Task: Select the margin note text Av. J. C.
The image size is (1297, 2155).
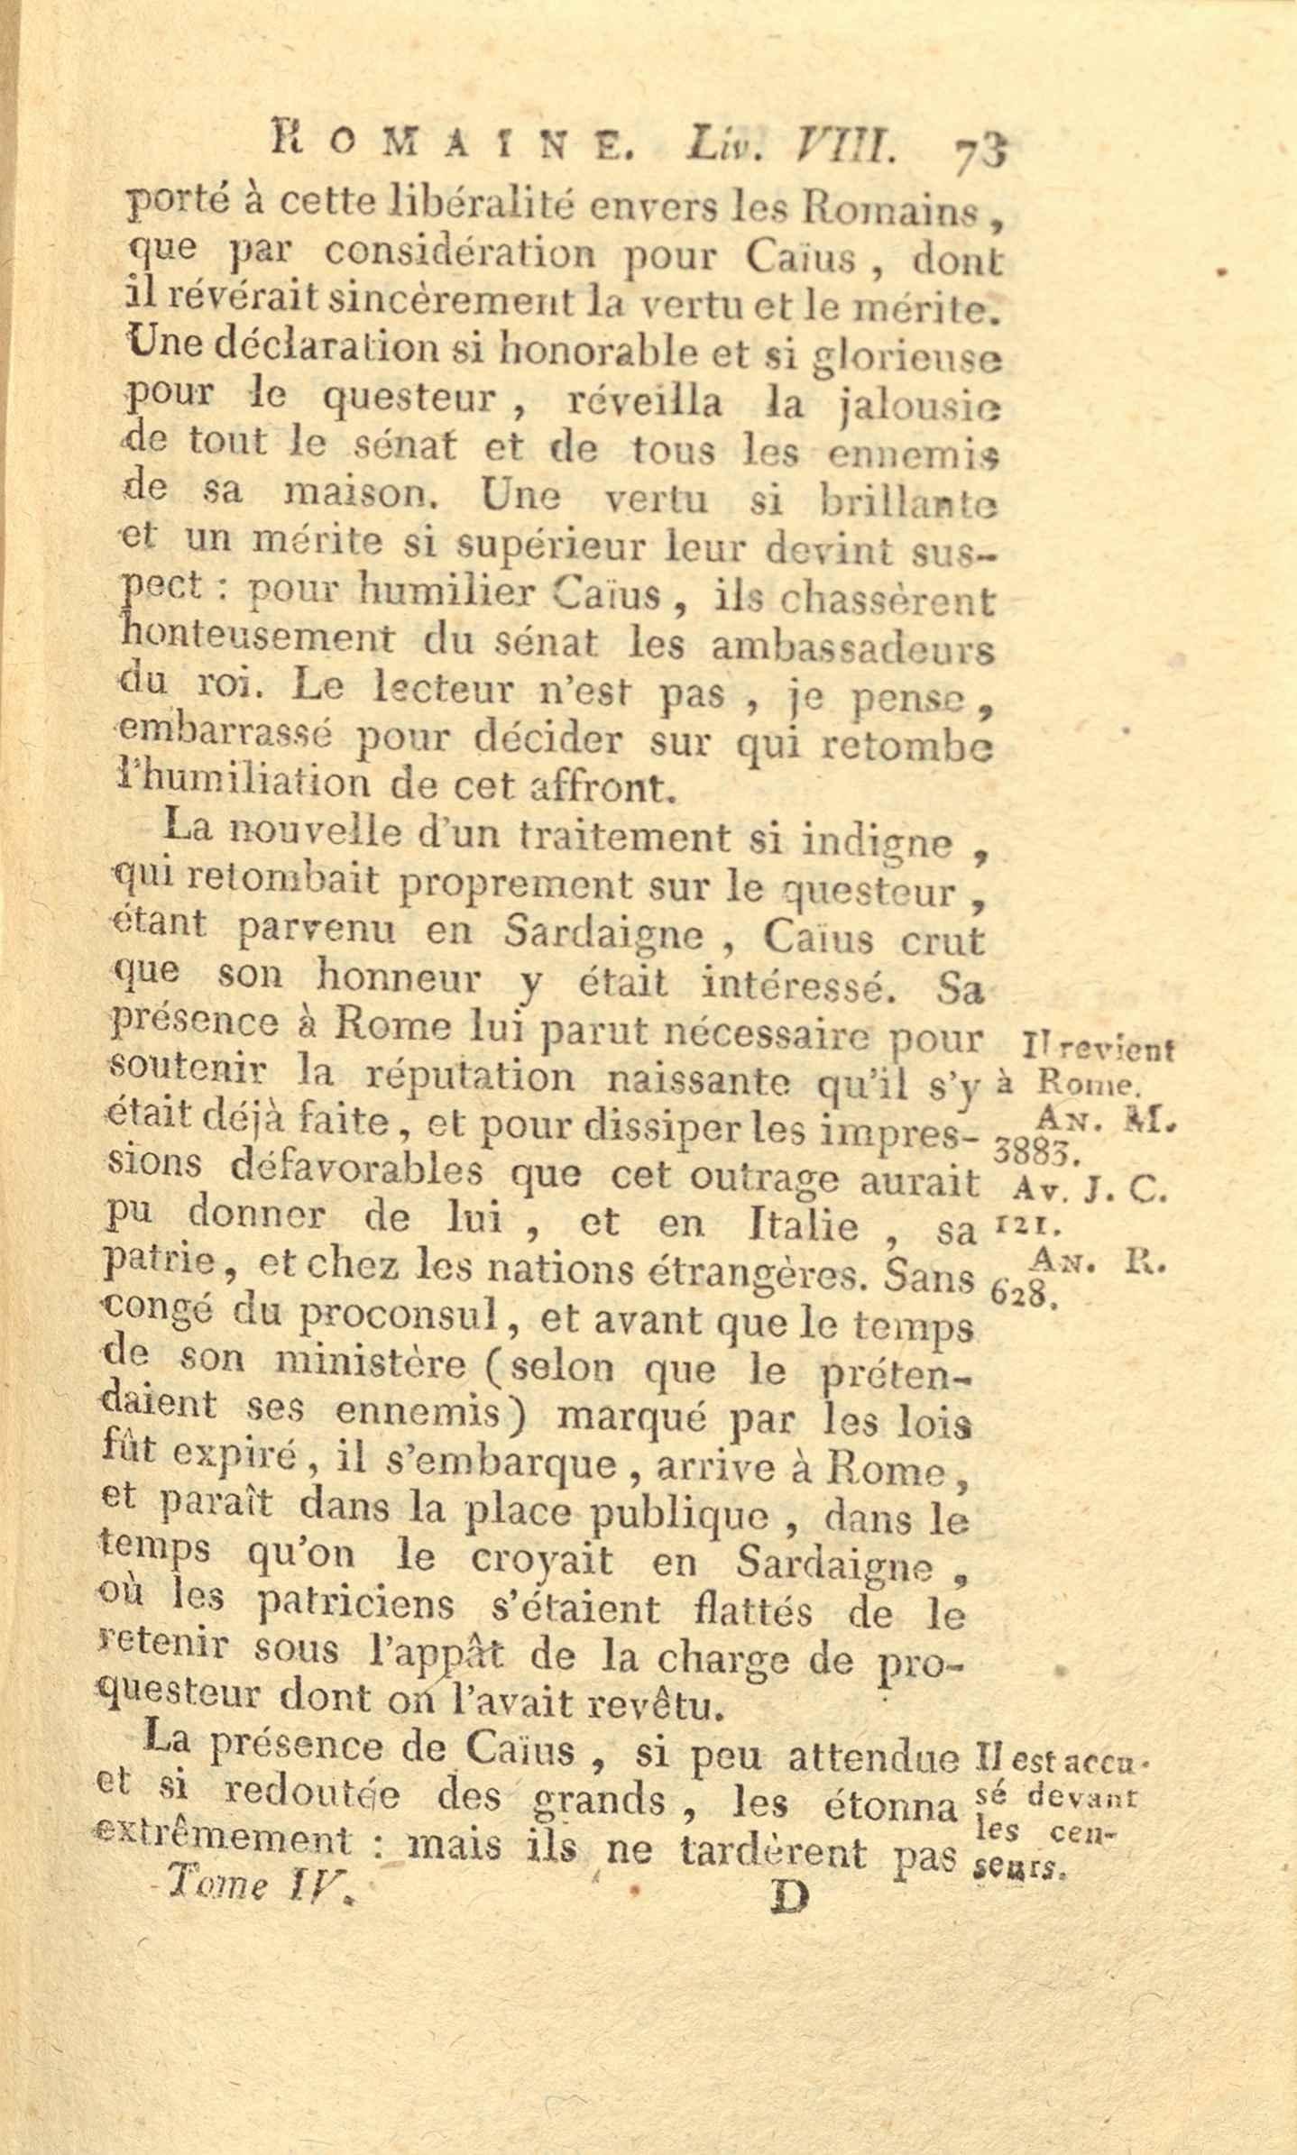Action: [1090, 1191]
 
